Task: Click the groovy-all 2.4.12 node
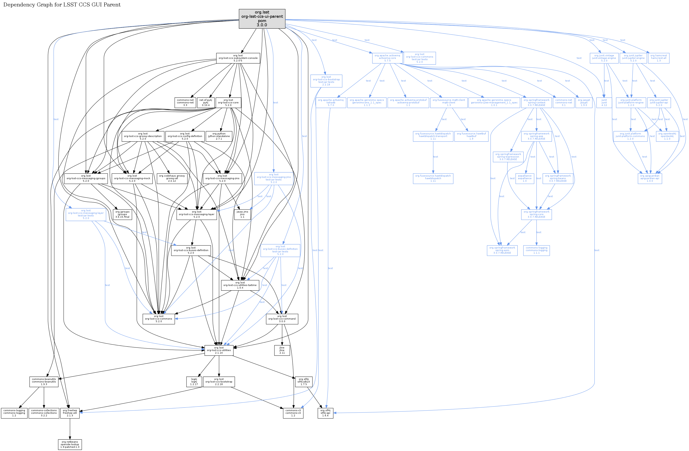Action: tap(172, 179)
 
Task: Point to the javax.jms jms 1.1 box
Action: tap(242, 214)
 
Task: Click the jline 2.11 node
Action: tap(282, 350)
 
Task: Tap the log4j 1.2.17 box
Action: tap(194, 382)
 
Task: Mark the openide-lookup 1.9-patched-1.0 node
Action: tap(70, 444)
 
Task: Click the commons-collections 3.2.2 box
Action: tap(44, 413)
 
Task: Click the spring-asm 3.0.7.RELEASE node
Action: tap(502, 250)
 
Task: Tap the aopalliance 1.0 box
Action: tap(525, 179)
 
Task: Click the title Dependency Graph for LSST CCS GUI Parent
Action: tap(62, 5)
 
